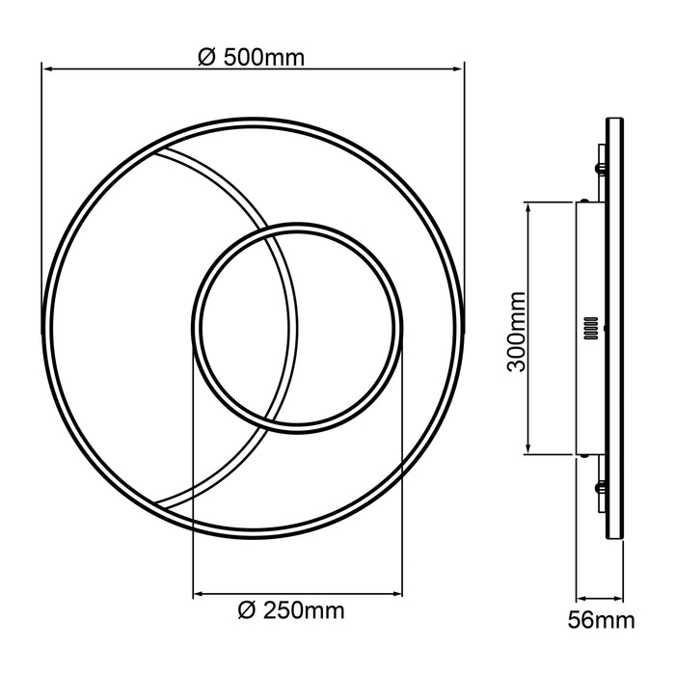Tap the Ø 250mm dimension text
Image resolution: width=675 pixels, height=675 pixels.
point(290,609)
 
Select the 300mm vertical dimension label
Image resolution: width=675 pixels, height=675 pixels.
point(516,327)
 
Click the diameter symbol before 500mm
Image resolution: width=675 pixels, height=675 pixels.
point(205,56)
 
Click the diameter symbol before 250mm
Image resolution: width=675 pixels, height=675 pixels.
point(246,609)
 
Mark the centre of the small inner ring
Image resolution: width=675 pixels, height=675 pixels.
point(295,327)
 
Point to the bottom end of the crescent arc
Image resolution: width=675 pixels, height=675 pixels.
point(160,504)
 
